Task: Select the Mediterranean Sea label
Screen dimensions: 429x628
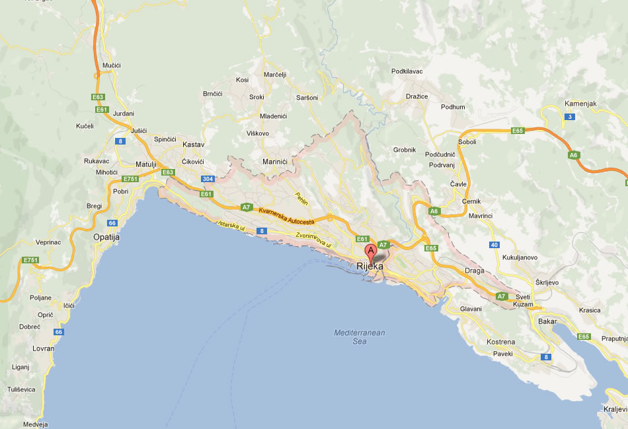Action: (360, 337)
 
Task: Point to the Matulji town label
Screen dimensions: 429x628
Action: (145, 164)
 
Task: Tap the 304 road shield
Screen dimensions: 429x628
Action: (208, 179)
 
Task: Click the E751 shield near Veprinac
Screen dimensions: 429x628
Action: (30, 260)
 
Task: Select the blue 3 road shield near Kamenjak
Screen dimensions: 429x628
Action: (569, 117)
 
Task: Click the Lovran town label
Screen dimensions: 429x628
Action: (44, 347)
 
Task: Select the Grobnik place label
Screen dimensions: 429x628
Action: (404, 150)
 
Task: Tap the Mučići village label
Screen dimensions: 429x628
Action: (112, 66)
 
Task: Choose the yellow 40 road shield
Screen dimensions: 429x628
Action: (494, 245)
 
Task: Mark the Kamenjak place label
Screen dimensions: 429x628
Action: (581, 104)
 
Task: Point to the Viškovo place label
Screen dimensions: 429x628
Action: (257, 133)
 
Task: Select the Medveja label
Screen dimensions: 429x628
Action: (36, 424)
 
